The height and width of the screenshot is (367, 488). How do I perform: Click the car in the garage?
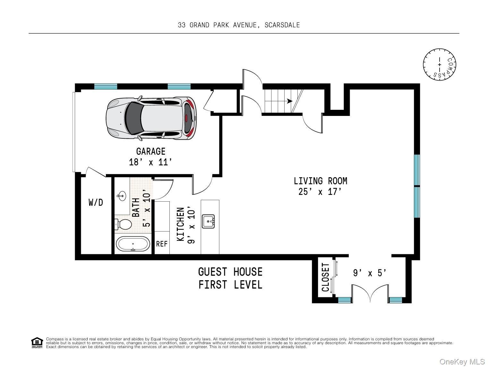pos(151,118)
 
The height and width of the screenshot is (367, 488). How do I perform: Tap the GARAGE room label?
pos(151,152)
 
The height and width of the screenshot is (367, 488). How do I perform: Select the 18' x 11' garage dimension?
pos(151,162)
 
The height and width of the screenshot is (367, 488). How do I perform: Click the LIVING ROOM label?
pos(321,181)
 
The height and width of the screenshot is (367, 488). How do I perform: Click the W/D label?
pos(96,202)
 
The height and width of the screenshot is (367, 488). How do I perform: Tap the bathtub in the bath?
pos(133,244)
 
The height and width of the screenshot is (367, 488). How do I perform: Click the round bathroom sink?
pos(122,196)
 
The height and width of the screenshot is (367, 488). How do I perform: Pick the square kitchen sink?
pos(208,221)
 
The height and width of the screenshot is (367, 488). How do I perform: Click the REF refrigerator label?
pos(162,244)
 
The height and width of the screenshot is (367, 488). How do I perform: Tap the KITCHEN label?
pos(181,224)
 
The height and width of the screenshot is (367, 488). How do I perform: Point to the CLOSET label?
pos(325,277)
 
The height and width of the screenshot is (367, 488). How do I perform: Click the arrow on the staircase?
pos(289,101)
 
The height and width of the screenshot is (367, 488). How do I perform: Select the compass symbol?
pos(439,65)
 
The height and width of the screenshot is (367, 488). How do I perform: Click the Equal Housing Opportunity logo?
pos(37,343)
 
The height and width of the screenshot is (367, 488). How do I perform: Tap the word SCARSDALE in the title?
pos(282,25)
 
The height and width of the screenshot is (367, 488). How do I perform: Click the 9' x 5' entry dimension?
pos(370,273)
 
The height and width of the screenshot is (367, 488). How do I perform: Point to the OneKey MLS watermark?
pos(462,362)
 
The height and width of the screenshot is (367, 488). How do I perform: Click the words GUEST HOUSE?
pos(230,272)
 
